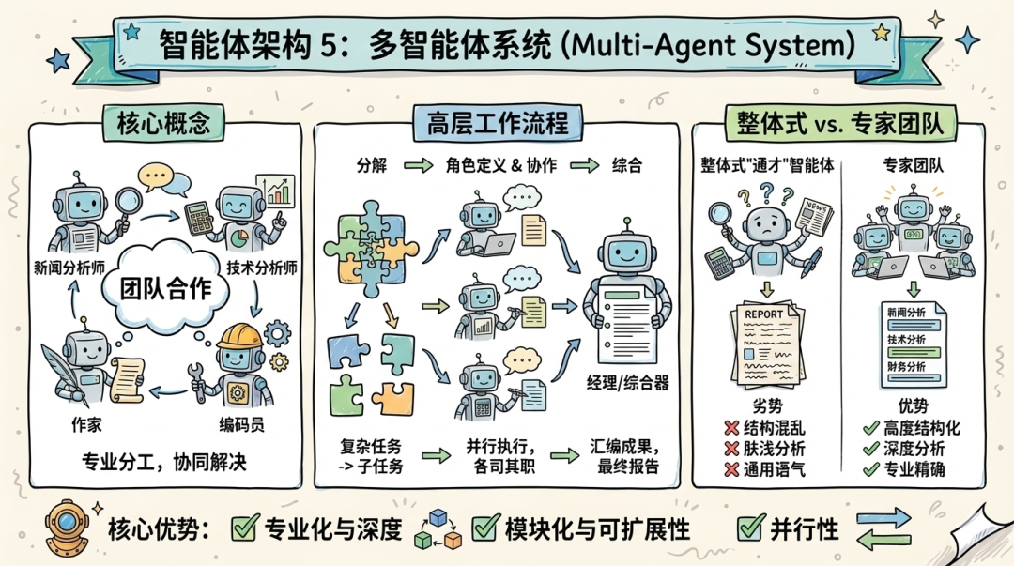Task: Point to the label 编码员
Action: coord(241,424)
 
